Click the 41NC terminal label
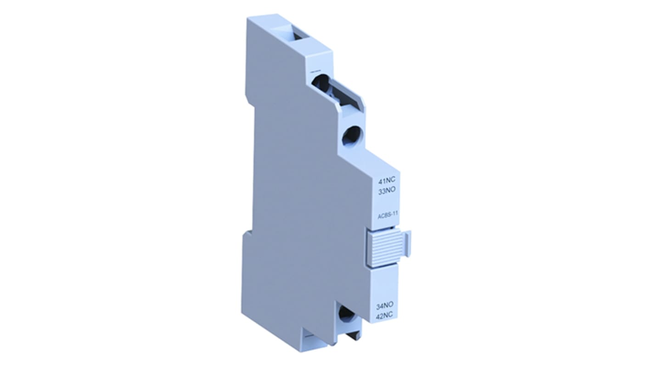click(387, 182)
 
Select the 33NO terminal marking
click(387, 192)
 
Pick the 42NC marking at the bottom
click(385, 315)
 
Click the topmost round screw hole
click(320, 83)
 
